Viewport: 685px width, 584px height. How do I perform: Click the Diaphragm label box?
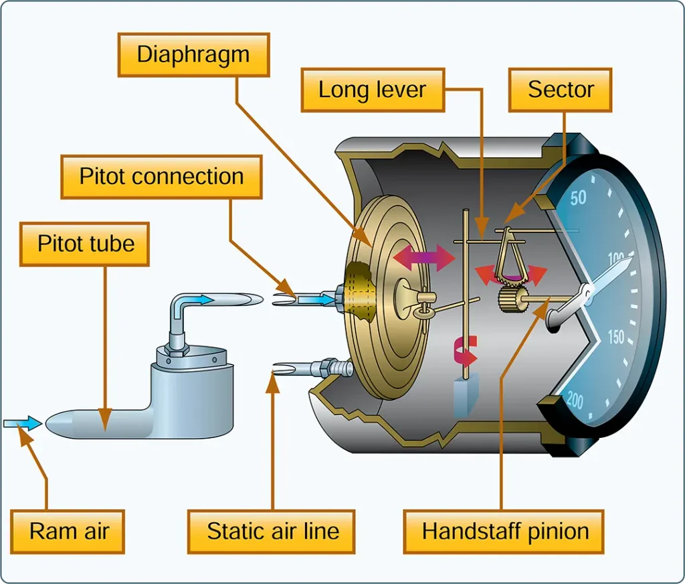coord(193,55)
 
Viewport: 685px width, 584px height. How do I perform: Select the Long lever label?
coord(373,90)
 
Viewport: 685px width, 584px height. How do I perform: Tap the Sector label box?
coord(560,90)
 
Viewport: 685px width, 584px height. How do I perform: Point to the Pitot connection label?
coord(161,177)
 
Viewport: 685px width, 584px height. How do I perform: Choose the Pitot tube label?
coord(85,244)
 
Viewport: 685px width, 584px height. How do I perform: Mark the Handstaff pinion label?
coord(504,532)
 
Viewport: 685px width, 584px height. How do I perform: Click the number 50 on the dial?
coord(578,198)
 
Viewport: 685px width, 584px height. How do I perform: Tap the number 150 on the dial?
coord(616,337)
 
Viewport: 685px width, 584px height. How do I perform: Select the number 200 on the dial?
coord(575,400)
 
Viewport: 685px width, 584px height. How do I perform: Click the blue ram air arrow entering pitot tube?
coord(23,423)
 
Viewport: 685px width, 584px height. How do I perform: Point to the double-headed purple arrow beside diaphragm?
coord(423,258)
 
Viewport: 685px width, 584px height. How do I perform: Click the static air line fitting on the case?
coord(334,368)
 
